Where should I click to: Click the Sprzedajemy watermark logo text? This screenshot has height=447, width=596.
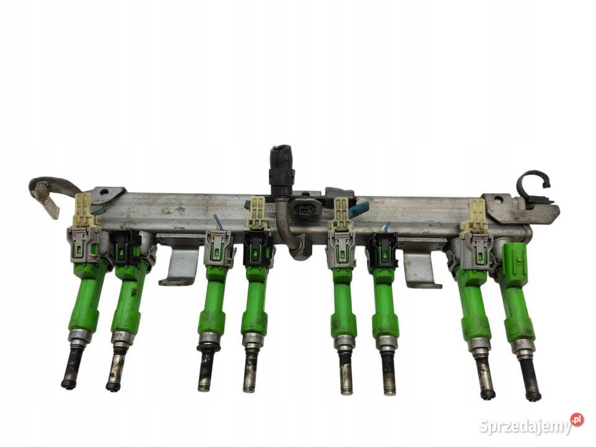click(x=526, y=427)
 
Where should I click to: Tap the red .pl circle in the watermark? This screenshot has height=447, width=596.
click(x=577, y=420)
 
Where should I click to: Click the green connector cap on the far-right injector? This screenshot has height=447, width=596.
click(x=516, y=260)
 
